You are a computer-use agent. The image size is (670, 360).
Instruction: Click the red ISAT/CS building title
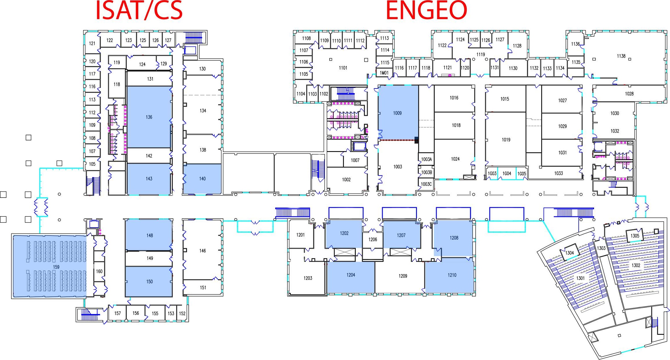[139, 10]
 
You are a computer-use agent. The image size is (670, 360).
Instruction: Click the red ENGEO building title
[426, 10]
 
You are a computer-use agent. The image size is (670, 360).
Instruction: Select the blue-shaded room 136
[149, 117]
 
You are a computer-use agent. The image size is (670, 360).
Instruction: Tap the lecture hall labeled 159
[56, 267]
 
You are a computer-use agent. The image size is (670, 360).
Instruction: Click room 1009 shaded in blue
[397, 113]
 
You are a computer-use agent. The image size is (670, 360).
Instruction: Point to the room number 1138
[621, 56]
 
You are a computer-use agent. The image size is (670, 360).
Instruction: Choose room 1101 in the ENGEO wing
[343, 68]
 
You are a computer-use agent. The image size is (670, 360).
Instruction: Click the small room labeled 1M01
[384, 73]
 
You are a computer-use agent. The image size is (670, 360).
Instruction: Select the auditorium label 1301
[580, 278]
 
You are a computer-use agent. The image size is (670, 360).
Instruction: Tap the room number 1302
[636, 265]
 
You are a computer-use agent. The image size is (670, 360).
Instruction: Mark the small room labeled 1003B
[426, 172]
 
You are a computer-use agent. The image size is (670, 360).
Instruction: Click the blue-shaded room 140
[202, 179]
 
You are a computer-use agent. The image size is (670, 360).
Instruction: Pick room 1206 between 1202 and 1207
[373, 239]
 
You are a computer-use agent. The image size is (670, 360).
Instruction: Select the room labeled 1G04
[507, 173]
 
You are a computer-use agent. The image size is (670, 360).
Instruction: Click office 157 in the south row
[117, 313]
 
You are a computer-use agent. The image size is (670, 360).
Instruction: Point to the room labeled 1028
[629, 94]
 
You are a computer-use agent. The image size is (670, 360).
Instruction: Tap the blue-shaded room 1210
[452, 275]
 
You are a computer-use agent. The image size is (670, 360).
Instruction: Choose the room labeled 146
[202, 251]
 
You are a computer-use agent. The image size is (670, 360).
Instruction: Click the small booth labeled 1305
[635, 236]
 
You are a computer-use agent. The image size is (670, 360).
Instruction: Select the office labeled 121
[92, 44]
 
